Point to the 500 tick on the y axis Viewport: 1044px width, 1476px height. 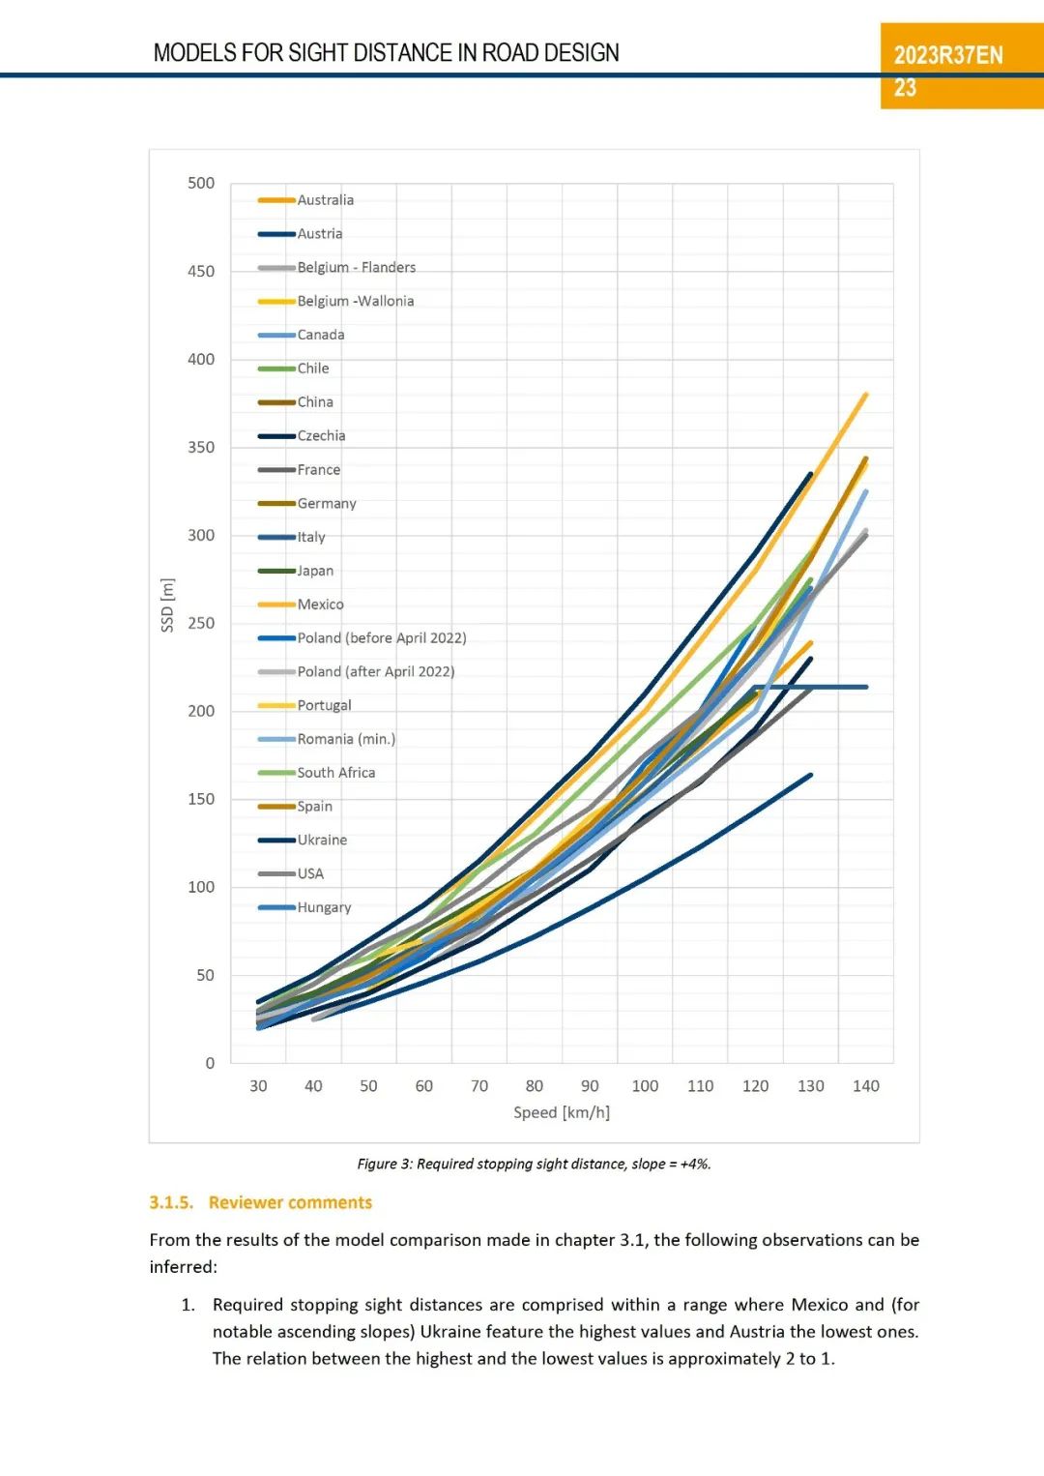(x=201, y=184)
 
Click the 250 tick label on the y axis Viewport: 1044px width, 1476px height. (x=201, y=624)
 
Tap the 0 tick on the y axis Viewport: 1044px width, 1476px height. (x=210, y=1064)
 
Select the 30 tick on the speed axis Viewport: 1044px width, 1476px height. (x=258, y=1086)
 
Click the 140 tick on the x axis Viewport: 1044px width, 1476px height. (x=866, y=1086)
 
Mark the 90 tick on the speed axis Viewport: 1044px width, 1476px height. (x=590, y=1086)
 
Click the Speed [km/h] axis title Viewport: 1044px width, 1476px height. (x=562, y=1113)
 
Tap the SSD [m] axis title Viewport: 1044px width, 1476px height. (x=167, y=605)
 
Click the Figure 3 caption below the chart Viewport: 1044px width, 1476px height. (x=534, y=1165)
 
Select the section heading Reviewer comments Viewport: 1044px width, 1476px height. (x=290, y=1203)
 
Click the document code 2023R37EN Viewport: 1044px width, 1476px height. (x=948, y=55)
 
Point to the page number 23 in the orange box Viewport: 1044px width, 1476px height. (x=905, y=88)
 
